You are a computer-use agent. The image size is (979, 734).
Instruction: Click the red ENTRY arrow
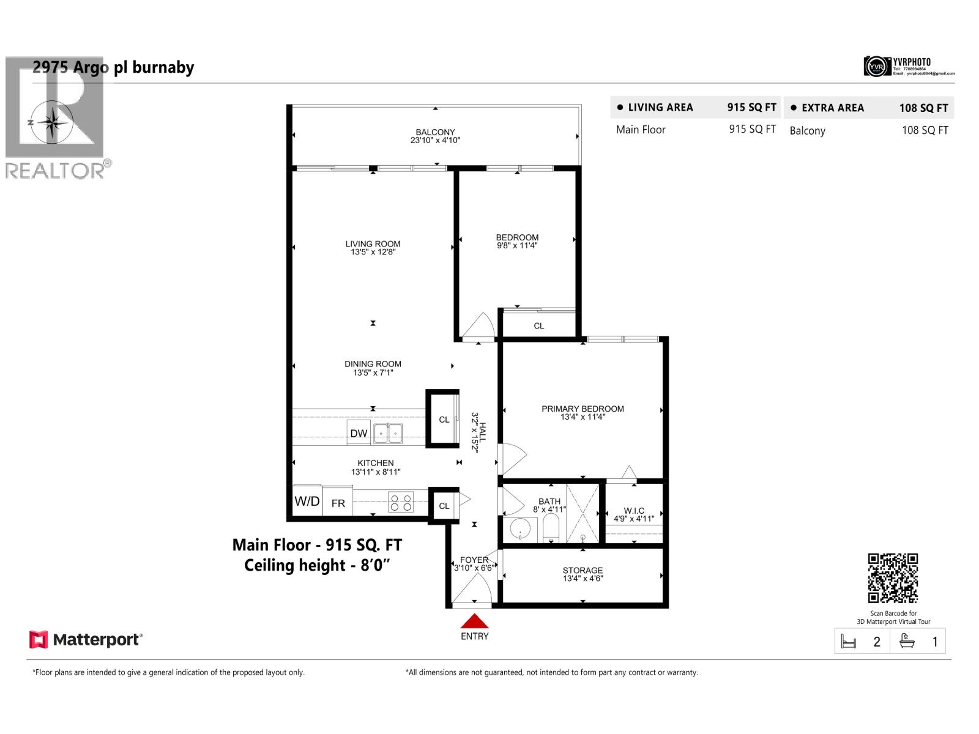[474, 621]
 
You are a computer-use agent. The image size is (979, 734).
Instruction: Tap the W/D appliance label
[307, 502]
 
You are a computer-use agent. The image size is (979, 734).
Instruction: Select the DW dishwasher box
[359, 432]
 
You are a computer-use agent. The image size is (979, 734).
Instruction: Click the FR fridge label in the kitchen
[338, 503]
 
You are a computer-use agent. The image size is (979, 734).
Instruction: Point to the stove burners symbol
[401, 503]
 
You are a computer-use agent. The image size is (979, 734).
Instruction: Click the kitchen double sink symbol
[388, 433]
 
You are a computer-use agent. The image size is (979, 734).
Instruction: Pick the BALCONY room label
[435, 132]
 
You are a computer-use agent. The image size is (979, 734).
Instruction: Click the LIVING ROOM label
[373, 244]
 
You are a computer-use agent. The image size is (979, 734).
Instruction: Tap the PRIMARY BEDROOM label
[583, 409]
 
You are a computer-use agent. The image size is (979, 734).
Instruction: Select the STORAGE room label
[583, 570]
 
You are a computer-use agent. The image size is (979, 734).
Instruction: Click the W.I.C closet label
[634, 511]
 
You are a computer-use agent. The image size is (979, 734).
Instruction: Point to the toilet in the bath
[551, 528]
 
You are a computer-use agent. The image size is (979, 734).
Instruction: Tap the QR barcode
[893, 578]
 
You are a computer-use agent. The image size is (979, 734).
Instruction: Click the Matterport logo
[86, 640]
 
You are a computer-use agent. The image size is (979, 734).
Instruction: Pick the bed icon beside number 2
[849, 642]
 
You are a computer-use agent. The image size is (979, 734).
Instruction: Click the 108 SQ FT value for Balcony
[925, 130]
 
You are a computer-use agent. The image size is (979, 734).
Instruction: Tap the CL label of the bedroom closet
[538, 326]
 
